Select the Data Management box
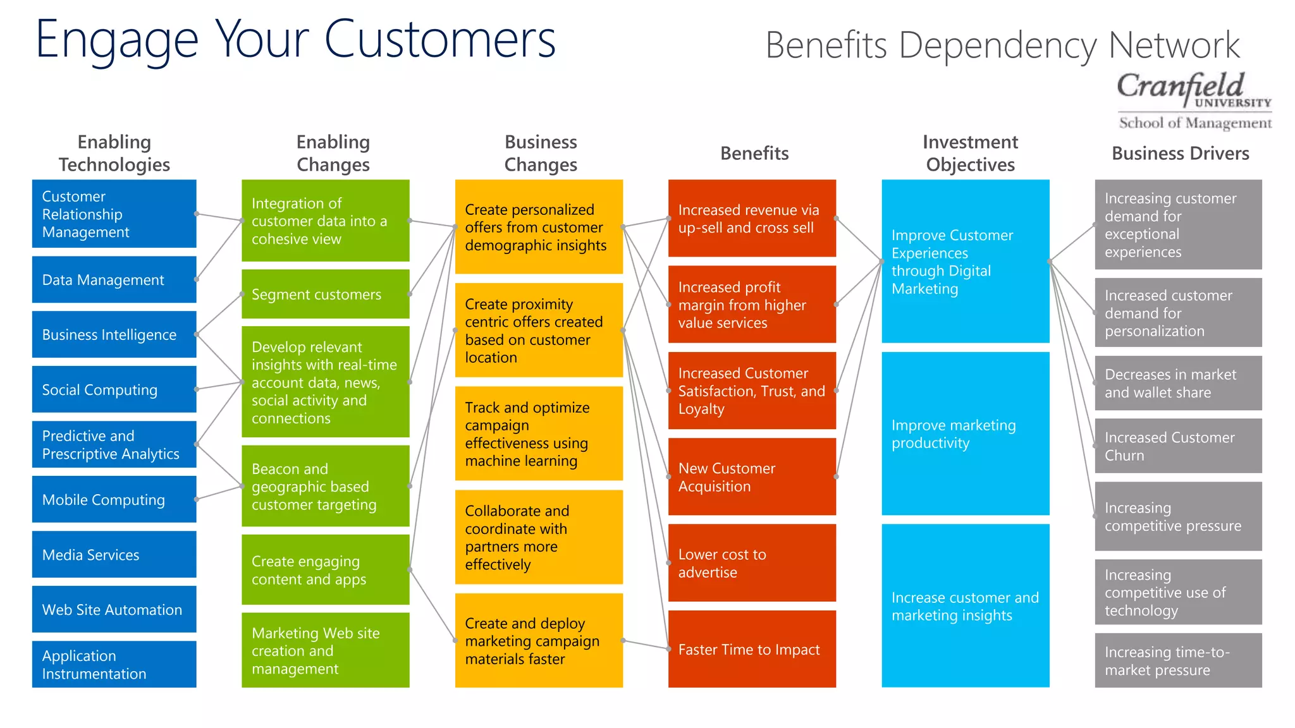[x=114, y=279]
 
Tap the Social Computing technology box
[x=114, y=389]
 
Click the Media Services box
[x=114, y=554]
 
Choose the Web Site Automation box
[x=114, y=609]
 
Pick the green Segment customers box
[x=325, y=294]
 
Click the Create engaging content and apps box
[x=325, y=569]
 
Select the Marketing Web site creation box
[x=325, y=650]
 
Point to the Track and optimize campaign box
[x=539, y=434]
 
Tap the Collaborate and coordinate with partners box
[x=539, y=537]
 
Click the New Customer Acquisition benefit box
[x=752, y=476]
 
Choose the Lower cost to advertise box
[x=752, y=562]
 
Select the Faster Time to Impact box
[x=752, y=649]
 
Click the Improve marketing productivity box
[x=965, y=434]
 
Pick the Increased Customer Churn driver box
[x=1178, y=446]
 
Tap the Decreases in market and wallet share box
[x=1178, y=383]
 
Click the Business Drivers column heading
[x=1180, y=153]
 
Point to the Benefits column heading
[x=754, y=153]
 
